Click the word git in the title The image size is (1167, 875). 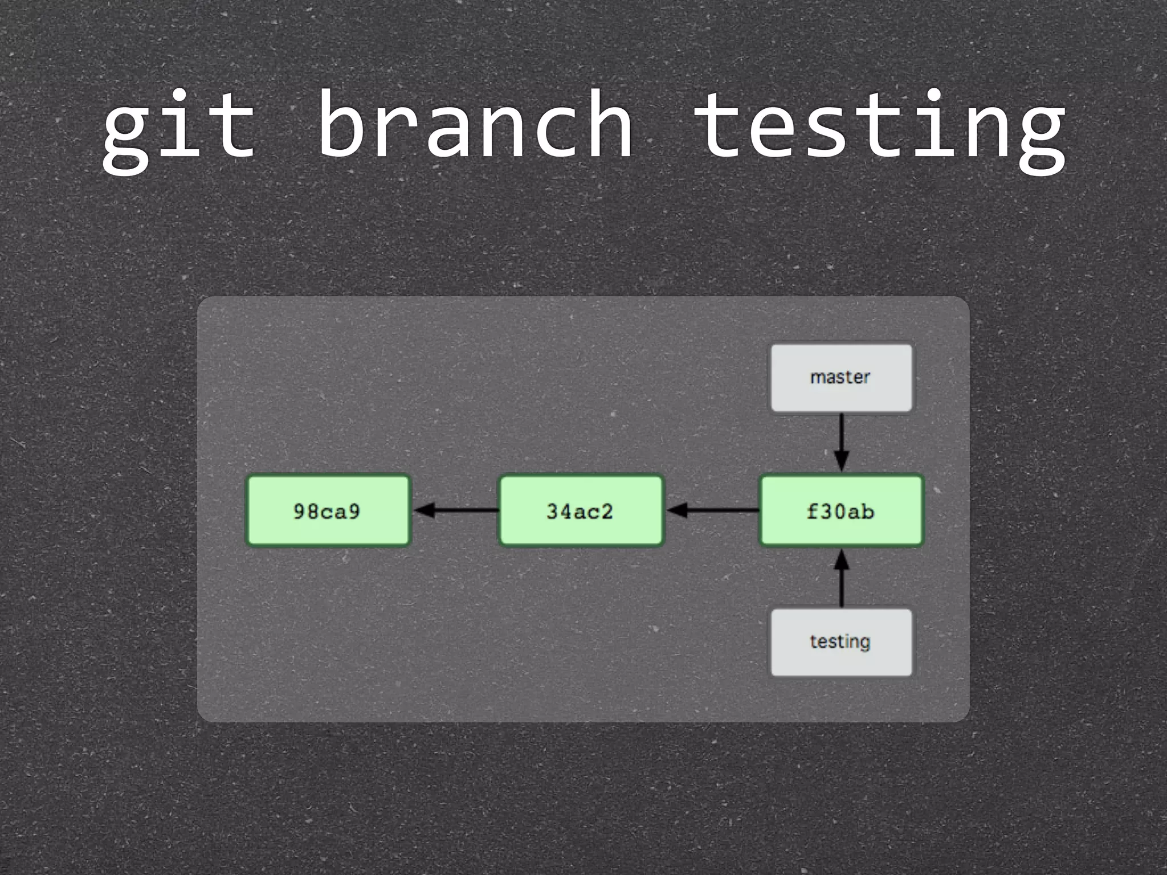[178, 128]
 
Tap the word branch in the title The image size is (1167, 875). [475, 124]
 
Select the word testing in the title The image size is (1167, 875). [880, 128]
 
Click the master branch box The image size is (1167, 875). [841, 378]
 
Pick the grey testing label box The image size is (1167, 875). [841, 642]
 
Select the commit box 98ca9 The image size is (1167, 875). [328, 511]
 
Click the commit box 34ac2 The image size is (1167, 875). [581, 511]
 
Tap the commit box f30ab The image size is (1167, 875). [841, 511]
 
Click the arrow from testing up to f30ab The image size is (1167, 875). [842, 581]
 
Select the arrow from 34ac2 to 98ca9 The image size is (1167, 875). [456, 510]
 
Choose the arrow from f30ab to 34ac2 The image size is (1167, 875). [712, 510]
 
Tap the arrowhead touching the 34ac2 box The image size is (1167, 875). [676, 510]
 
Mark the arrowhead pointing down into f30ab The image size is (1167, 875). [842, 461]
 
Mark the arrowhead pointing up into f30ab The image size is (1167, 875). [842, 561]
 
